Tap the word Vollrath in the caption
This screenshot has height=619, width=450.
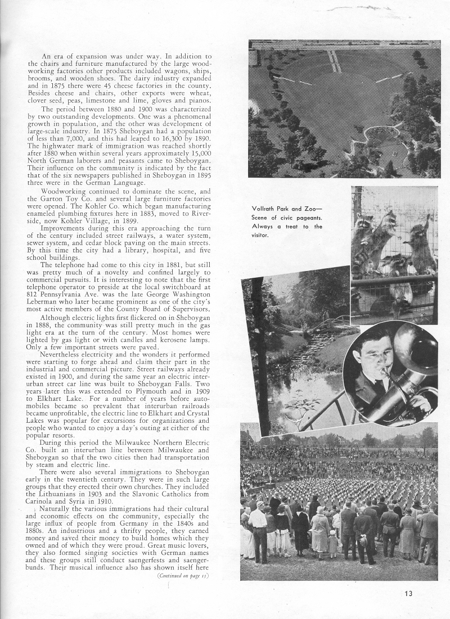coord(265,211)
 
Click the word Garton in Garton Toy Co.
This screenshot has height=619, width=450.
coord(60,198)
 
